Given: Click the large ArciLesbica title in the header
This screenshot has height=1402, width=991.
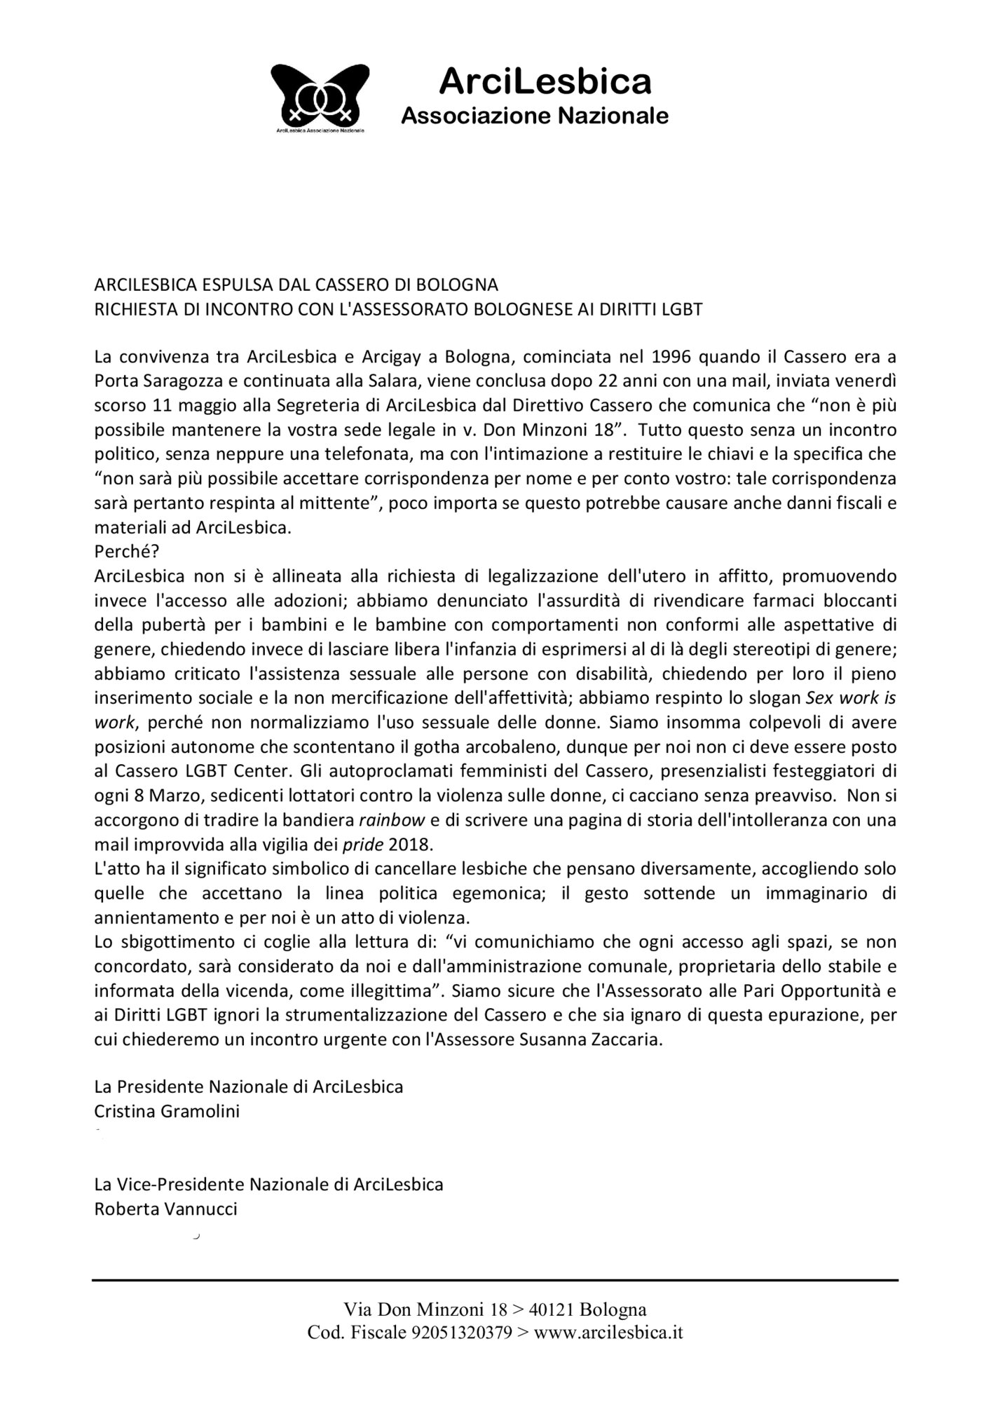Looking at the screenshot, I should click(x=545, y=82).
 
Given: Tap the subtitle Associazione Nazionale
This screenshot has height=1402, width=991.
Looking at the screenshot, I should click(x=534, y=116).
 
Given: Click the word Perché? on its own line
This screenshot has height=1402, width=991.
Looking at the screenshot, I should click(x=126, y=552).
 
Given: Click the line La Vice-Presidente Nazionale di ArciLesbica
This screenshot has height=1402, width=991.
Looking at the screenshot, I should click(x=268, y=1185).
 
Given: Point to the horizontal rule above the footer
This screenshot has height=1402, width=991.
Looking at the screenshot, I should click(x=495, y=1281).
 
